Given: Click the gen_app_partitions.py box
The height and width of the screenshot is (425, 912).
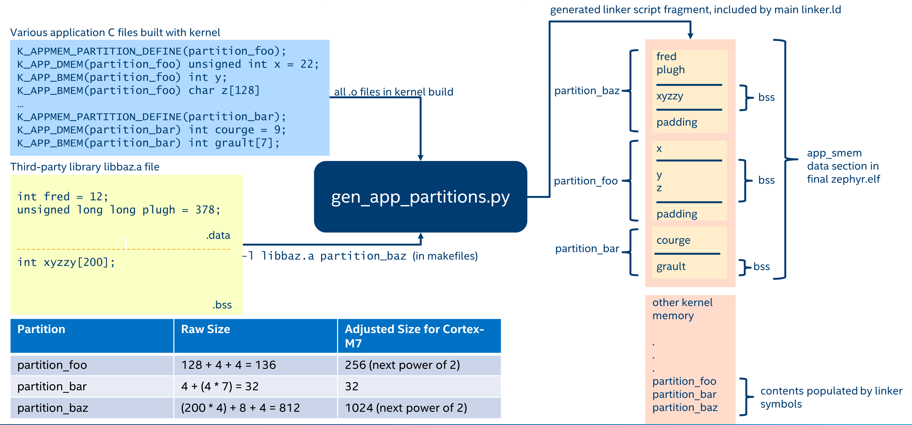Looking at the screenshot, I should [x=420, y=197].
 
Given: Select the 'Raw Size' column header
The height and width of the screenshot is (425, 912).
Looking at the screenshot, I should [x=205, y=329].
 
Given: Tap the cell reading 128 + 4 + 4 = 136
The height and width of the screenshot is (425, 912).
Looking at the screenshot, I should [x=228, y=365].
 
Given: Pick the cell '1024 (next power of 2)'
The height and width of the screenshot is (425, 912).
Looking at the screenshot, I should [x=406, y=408].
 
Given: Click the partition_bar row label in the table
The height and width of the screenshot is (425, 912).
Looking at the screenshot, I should [x=52, y=386].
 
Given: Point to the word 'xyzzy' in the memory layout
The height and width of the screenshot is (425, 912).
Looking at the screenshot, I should [x=670, y=96].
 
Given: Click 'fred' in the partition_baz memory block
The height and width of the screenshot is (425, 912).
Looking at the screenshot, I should [x=666, y=57].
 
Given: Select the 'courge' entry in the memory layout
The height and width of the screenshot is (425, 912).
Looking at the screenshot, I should [x=673, y=240].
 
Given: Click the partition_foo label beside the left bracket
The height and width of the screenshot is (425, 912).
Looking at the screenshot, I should [x=586, y=181].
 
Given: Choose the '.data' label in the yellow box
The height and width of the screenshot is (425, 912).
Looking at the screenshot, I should [x=218, y=235].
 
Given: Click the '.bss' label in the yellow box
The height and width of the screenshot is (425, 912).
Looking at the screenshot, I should [x=222, y=305].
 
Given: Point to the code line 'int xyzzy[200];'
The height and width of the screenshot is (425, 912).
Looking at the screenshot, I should [x=66, y=262].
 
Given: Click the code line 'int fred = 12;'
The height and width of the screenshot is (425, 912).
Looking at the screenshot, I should [x=63, y=196].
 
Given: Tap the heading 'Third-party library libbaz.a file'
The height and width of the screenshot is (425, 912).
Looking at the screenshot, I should [x=85, y=167].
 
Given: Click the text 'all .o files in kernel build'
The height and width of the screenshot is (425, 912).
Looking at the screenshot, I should [x=393, y=92].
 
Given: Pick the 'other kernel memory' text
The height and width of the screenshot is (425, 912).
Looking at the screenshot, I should [x=682, y=309].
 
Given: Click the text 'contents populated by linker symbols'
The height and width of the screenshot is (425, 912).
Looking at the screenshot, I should [x=831, y=397].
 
